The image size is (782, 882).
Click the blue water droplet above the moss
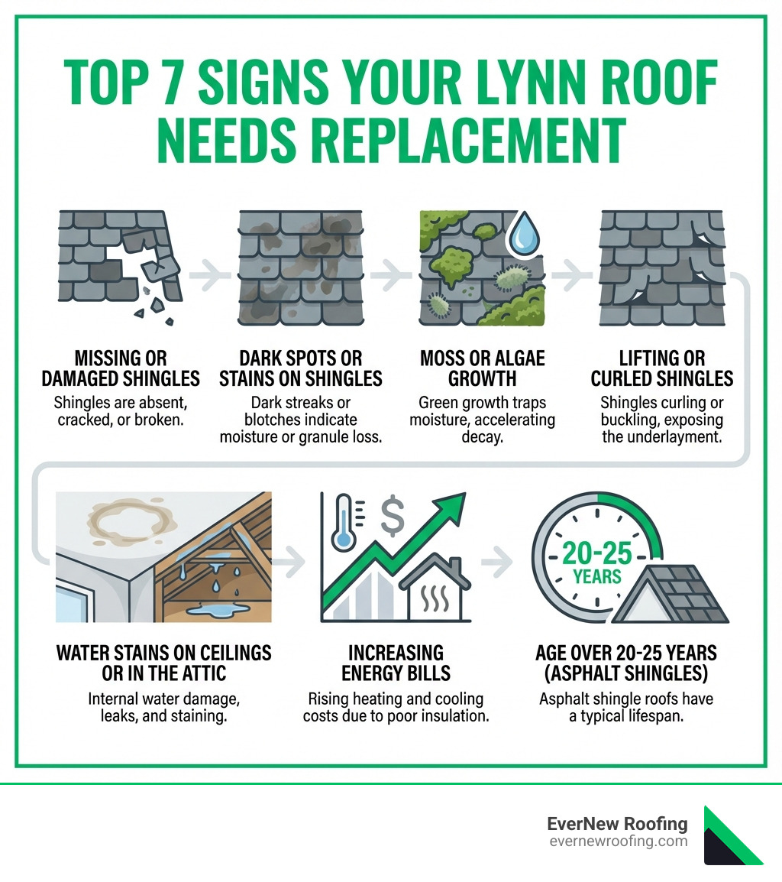tap(524, 233)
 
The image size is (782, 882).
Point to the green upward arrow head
tap(451, 508)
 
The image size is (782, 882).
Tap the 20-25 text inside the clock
tap(598, 552)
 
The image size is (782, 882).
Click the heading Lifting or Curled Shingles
tap(661, 368)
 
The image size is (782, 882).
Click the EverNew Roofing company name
tap(617, 824)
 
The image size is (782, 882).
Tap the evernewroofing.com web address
tap(618, 841)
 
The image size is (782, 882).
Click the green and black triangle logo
tap(732, 835)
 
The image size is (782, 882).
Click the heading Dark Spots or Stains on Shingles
tap(302, 368)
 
